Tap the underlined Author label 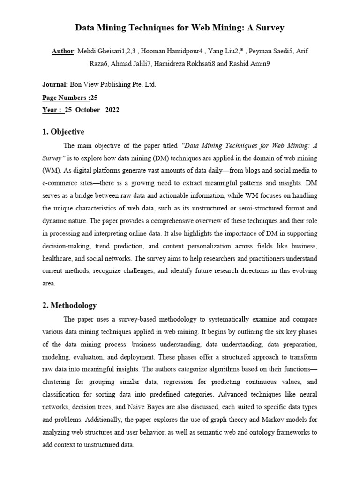click(x=62, y=51)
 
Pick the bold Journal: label click(x=55, y=85)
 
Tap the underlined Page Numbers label click(x=65, y=97)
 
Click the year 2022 click(x=112, y=110)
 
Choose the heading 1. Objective click(x=63, y=132)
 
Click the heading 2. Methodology click(x=69, y=305)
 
